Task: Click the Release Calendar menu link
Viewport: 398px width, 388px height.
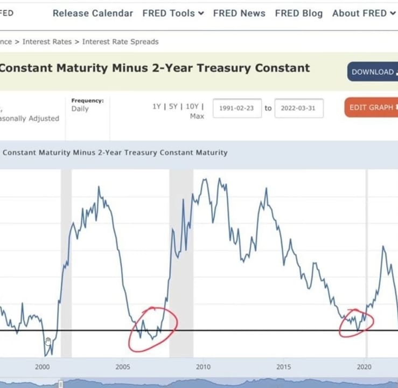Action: click(93, 13)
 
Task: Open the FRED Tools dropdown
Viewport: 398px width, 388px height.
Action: click(173, 13)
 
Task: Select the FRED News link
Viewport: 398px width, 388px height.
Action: click(239, 13)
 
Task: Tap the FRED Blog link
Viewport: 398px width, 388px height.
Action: click(299, 13)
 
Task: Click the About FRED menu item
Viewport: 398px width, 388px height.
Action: click(364, 13)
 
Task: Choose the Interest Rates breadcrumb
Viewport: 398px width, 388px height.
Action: click(47, 41)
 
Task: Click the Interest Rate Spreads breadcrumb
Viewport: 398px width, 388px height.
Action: click(120, 41)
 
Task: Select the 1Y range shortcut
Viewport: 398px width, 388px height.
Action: click(157, 106)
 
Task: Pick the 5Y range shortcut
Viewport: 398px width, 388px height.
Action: click(173, 106)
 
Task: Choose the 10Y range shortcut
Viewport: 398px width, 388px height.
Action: click(192, 106)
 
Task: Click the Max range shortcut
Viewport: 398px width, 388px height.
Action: click(197, 116)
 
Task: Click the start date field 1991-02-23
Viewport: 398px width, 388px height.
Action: click(237, 108)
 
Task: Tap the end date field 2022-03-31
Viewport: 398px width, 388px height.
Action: click(299, 108)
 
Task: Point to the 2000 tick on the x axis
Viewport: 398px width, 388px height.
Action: click(43, 366)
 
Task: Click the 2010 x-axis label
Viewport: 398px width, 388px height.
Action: click(204, 366)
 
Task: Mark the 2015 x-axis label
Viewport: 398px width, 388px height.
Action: click(283, 366)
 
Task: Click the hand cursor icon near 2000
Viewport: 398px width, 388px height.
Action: click(48, 342)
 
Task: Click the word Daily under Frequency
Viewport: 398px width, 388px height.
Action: click(80, 109)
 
